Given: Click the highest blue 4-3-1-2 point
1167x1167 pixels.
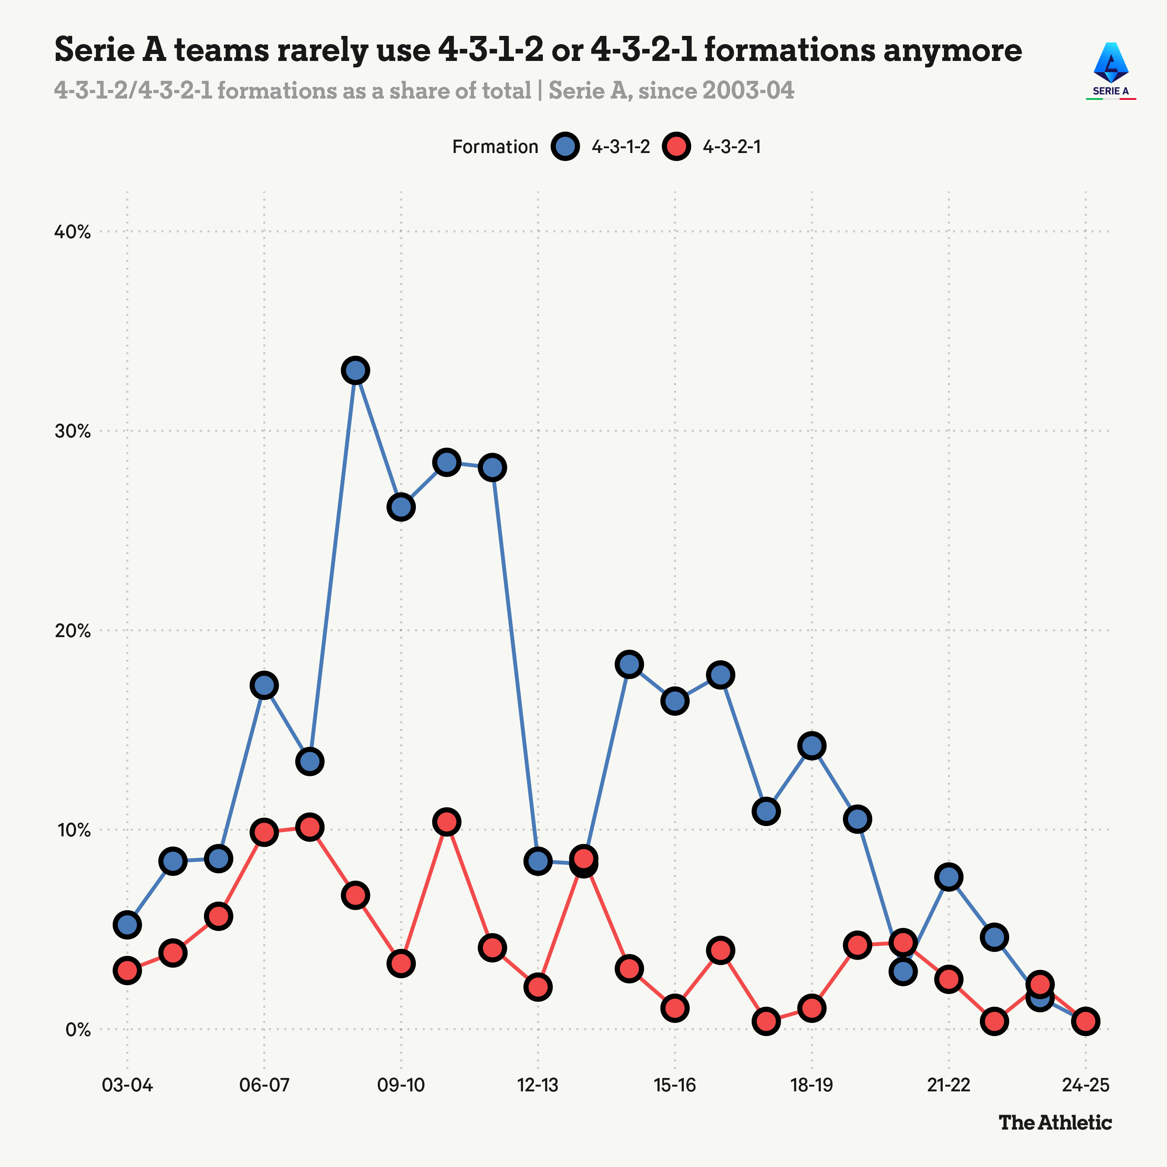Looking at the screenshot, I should (x=356, y=370).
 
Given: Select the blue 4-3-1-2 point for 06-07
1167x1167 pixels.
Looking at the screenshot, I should (x=264, y=686).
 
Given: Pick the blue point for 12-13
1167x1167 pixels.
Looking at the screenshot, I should (x=538, y=860).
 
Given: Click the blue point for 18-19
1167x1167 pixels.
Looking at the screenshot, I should (x=812, y=746).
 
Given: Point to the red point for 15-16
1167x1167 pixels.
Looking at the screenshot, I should (x=675, y=1008).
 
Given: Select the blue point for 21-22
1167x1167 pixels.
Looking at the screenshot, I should (x=949, y=877).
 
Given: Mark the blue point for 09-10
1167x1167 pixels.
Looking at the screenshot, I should (x=401, y=507).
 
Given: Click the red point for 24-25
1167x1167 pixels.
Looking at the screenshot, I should (x=1085, y=1021).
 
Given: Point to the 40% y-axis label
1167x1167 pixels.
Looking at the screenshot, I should (x=73, y=232).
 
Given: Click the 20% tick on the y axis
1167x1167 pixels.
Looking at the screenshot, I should (x=73, y=631).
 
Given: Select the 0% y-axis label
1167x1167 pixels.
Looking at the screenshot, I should (x=78, y=1029).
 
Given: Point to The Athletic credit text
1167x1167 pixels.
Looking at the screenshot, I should (x=1055, y=1122).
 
